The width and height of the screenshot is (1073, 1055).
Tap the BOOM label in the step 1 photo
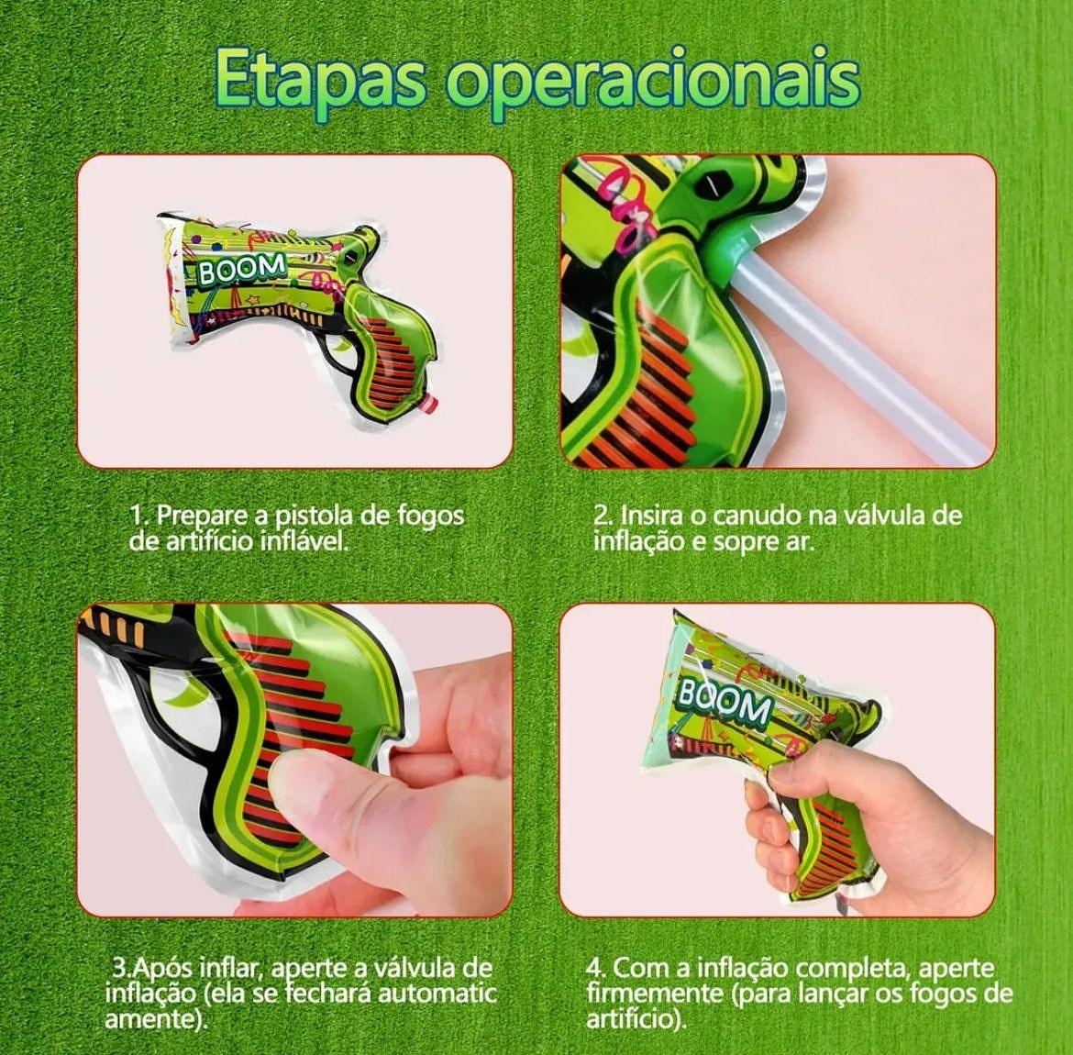[241, 269]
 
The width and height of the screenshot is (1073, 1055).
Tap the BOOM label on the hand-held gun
[724, 702]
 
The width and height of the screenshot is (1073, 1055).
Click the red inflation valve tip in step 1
[428, 405]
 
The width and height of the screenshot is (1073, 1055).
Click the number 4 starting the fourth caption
[594, 968]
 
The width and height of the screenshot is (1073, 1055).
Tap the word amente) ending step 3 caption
[156, 1020]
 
